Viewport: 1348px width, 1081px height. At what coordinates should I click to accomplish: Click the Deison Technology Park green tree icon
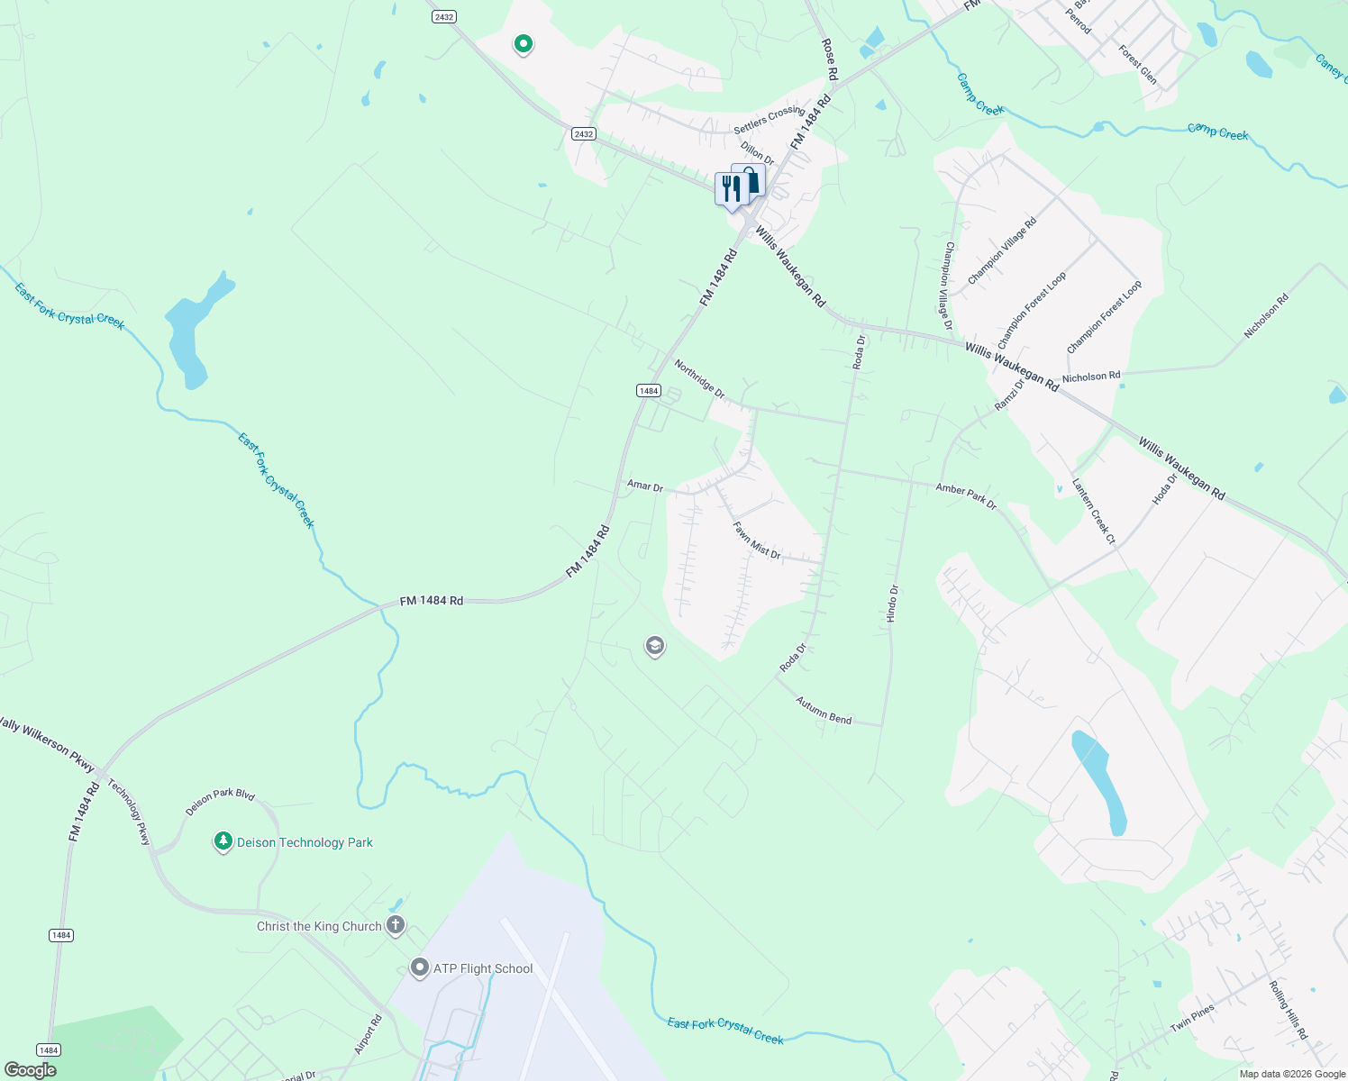pyautogui.click(x=223, y=841)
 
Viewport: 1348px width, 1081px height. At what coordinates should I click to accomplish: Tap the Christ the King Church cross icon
pyautogui.click(x=395, y=925)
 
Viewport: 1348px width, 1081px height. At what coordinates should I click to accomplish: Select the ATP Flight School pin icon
pyautogui.click(x=419, y=968)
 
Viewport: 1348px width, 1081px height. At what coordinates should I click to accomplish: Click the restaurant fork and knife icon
pyautogui.click(x=731, y=189)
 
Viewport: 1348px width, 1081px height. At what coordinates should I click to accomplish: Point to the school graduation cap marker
pyautogui.click(x=655, y=646)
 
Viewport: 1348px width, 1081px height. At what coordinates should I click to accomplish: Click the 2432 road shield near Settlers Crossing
pyautogui.click(x=584, y=134)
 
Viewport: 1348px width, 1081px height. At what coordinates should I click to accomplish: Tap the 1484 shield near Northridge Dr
pyautogui.click(x=649, y=390)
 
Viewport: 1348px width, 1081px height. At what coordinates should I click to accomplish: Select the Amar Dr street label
pyautogui.click(x=645, y=486)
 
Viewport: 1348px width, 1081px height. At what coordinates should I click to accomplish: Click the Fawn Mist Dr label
pyautogui.click(x=757, y=540)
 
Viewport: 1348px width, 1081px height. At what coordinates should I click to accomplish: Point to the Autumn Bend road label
pyautogui.click(x=824, y=711)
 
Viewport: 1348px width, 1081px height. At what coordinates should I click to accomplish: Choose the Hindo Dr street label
pyautogui.click(x=892, y=604)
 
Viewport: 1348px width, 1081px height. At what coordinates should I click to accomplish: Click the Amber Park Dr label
pyautogui.click(x=966, y=495)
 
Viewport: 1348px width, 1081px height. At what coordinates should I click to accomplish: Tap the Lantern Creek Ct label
pyautogui.click(x=1094, y=512)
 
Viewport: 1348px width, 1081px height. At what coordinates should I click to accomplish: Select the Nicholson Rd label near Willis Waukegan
pyautogui.click(x=1091, y=377)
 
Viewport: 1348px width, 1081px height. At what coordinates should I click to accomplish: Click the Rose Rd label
pyautogui.click(x=830, y=59)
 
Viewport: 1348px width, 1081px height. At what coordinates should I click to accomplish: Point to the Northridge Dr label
pyautogui.click(x=699, y=379)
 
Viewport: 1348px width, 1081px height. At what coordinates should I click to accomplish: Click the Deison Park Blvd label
pyautogui.click(x=220, y=802)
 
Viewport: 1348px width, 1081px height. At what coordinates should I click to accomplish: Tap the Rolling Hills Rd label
pyautogui.click(x=1289, y=1011)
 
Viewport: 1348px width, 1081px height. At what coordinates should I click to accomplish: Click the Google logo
pyautogui.click(x=30, y=1069)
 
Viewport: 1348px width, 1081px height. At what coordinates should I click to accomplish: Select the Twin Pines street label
pyautogui.click(x=1193, y=1018)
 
